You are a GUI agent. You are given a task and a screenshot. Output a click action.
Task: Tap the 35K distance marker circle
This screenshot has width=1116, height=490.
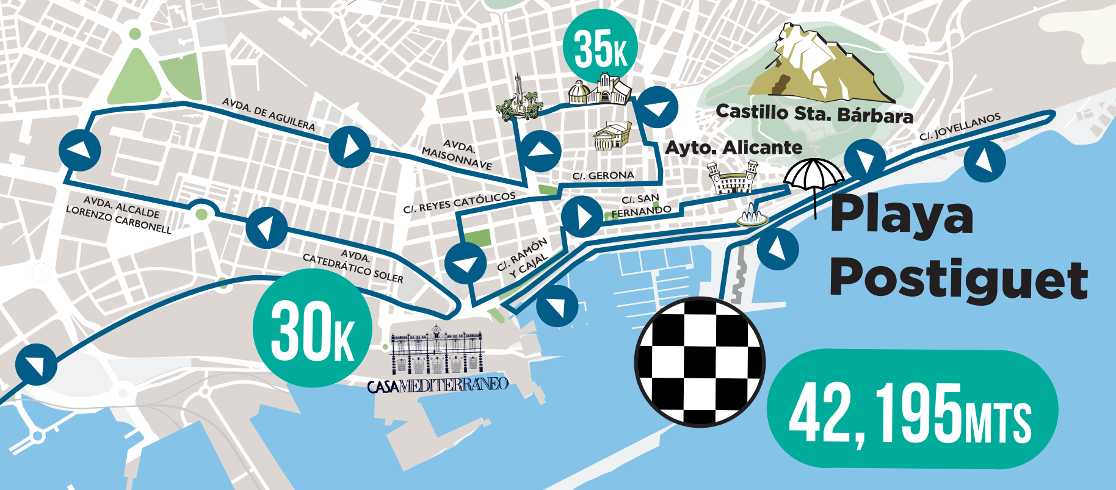click(601, 48)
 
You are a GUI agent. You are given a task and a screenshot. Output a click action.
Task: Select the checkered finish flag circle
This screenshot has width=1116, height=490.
click(700, 361)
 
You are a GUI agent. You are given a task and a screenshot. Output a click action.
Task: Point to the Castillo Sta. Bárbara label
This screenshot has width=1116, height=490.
click(814, 114)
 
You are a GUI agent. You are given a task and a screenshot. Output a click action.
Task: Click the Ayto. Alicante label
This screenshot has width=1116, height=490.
click(733, 148)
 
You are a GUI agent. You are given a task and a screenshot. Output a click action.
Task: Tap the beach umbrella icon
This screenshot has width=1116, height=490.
click(814, 177)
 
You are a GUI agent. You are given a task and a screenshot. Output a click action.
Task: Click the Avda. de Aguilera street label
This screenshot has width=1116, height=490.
click(269, 114)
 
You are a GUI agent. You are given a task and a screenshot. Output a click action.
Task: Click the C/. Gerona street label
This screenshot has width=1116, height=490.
click(603, 176)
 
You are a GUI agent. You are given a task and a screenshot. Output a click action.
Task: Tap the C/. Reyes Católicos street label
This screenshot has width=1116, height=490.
click(459, 203)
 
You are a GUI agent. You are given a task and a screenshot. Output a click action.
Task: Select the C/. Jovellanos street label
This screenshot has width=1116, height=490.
click(960, 127)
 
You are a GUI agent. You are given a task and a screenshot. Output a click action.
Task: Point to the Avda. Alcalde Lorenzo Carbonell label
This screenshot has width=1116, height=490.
click(120, 214)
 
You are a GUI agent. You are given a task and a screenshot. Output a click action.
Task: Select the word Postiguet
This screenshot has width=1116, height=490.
click(957, 279)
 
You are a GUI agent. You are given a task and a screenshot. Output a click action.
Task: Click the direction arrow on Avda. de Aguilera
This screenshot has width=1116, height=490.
click(349, 146)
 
